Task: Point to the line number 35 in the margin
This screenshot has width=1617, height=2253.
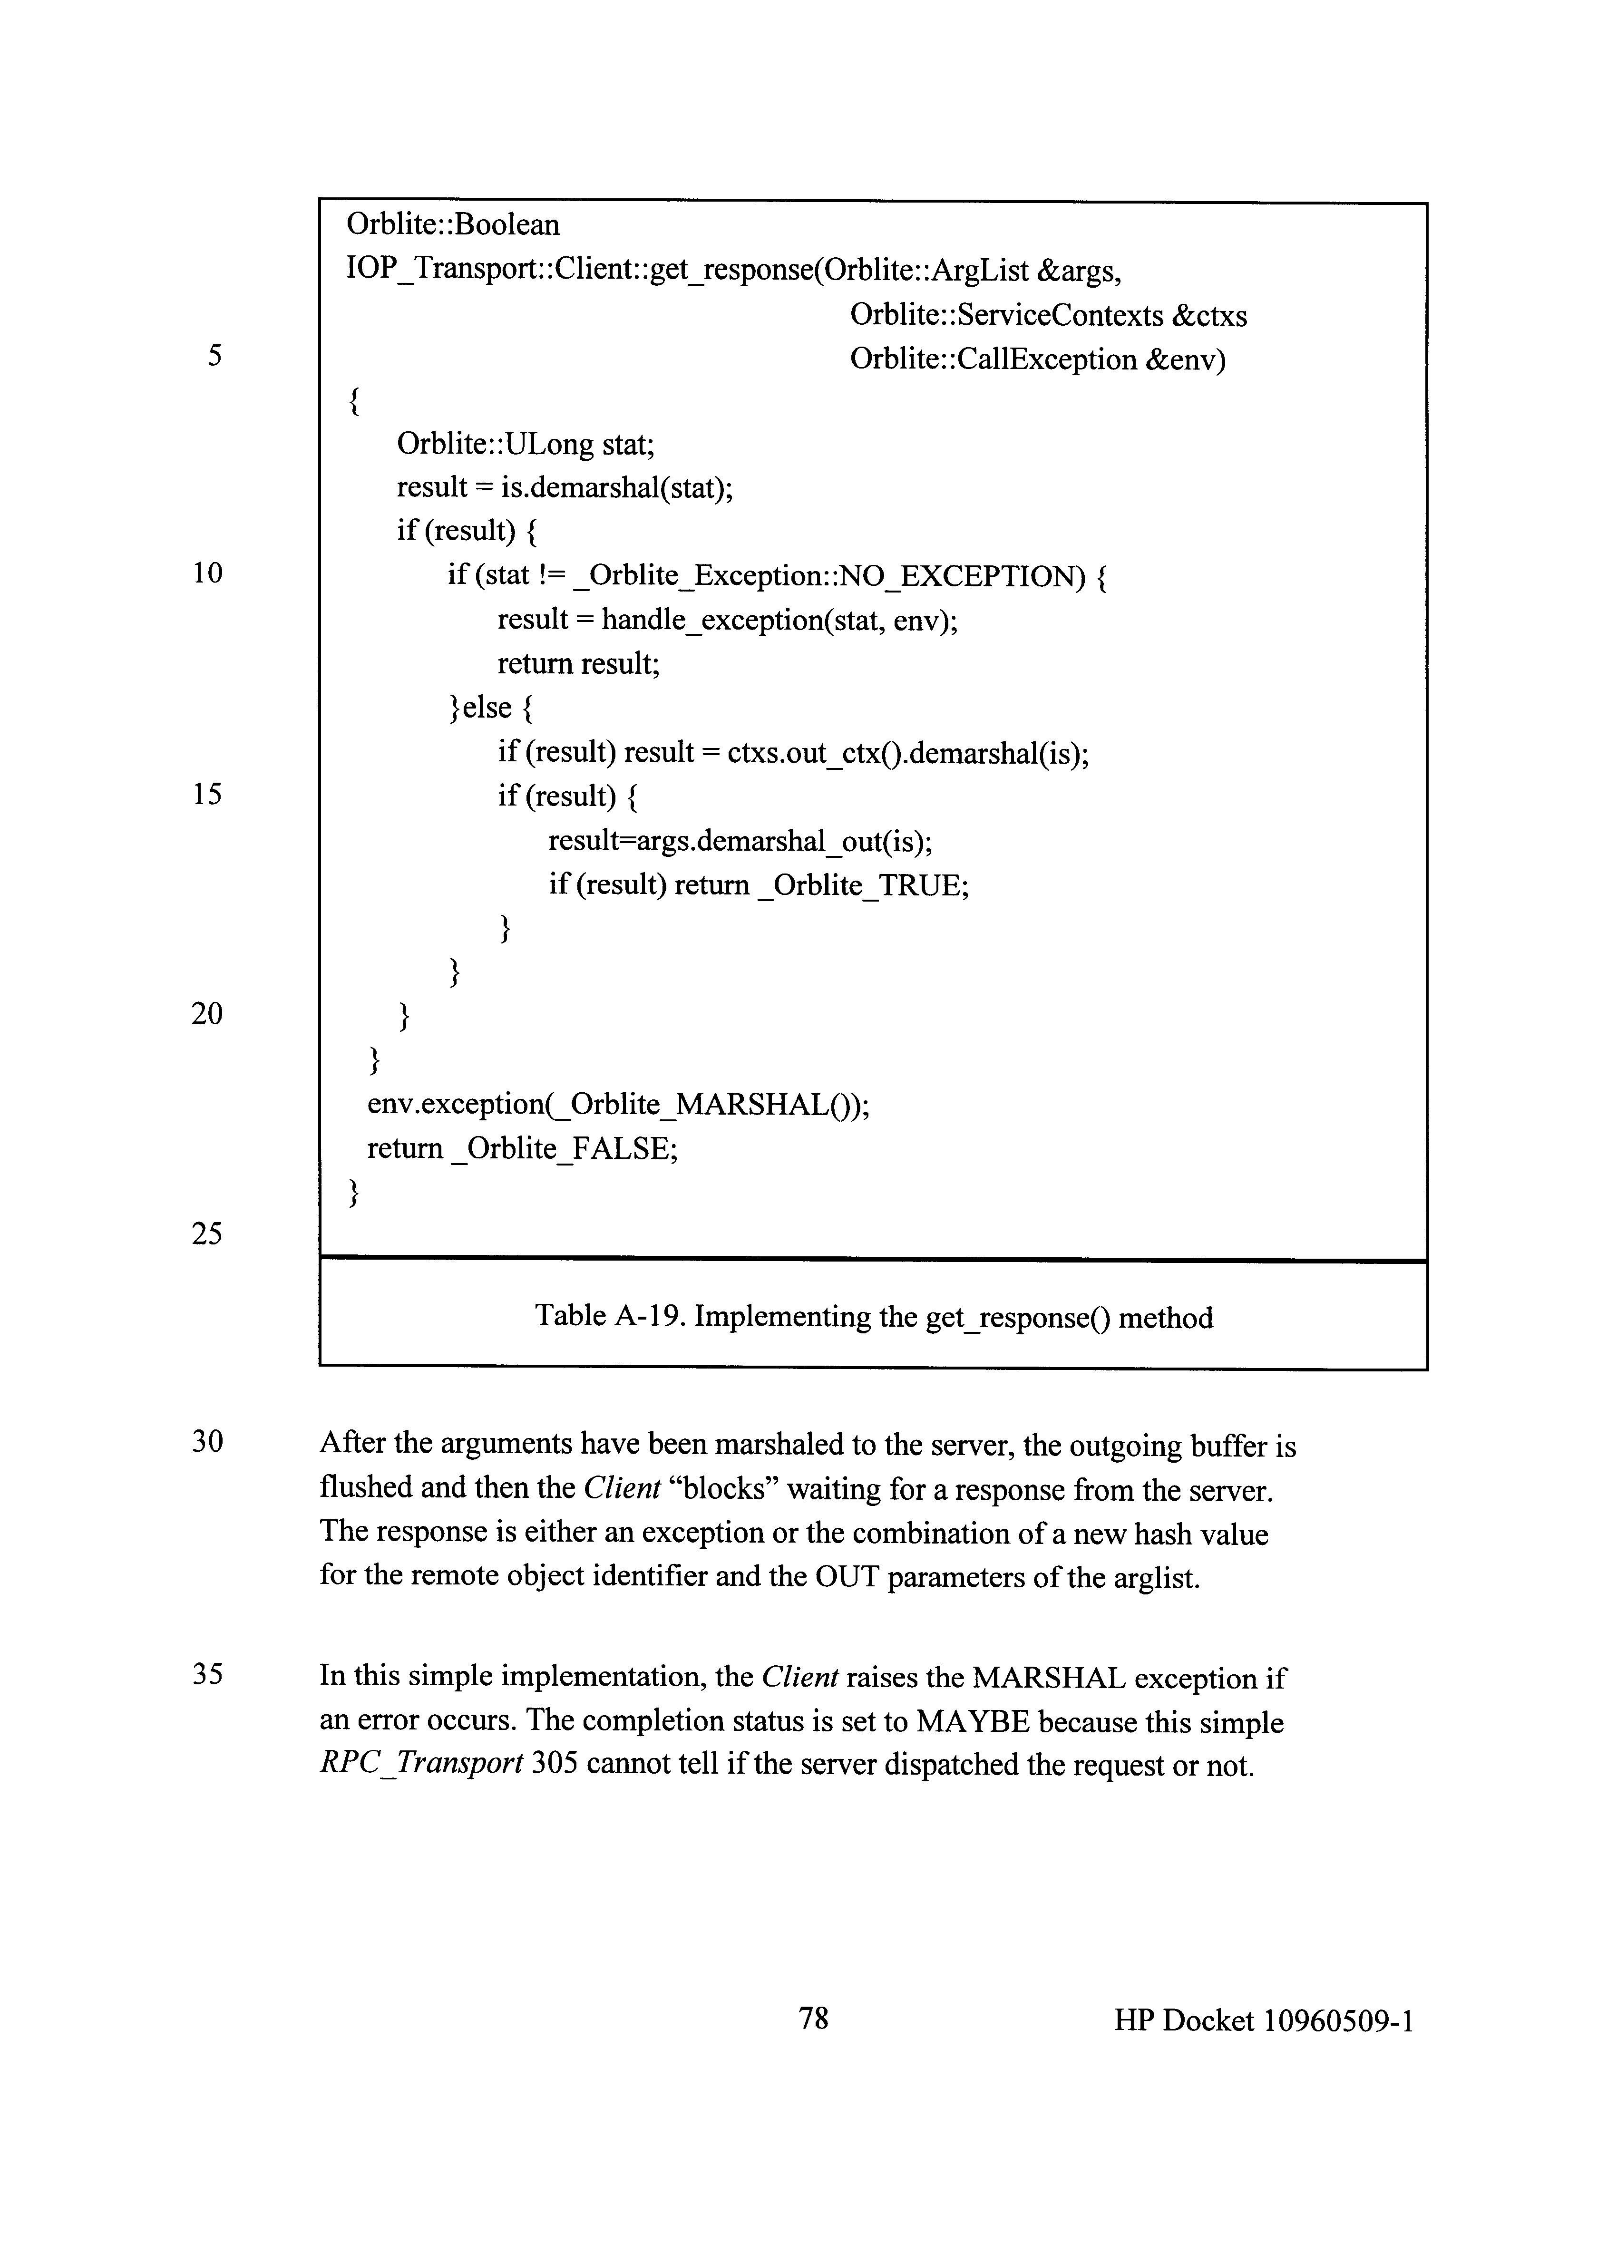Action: coord(206,1675)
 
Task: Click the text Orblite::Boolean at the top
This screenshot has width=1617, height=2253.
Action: coord(453,224)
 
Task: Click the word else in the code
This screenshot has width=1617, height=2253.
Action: coord(487,707)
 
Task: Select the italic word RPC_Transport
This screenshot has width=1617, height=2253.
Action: coord(421,1765)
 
